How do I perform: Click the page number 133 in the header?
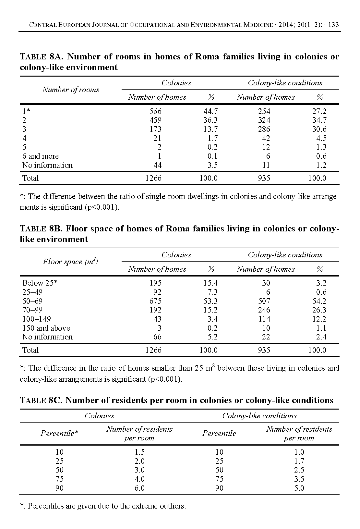point(333,25)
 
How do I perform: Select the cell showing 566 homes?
point(155,111)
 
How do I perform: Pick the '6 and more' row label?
point(41,156)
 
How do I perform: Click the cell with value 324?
point(264,120)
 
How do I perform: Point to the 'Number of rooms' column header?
point(71,90)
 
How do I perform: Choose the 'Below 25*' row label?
point(40,283)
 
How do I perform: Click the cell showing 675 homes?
point(155,301)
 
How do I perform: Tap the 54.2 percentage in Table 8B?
point(319,301)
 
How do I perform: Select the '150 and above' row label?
point(46,328)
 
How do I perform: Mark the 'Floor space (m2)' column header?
point(71,262)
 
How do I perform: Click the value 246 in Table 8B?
point(264,310)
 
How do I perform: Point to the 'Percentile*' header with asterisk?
point(60,433)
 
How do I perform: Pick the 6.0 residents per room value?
point(139,488)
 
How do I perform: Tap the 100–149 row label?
point(37,319)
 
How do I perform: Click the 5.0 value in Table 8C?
point(299,488)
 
